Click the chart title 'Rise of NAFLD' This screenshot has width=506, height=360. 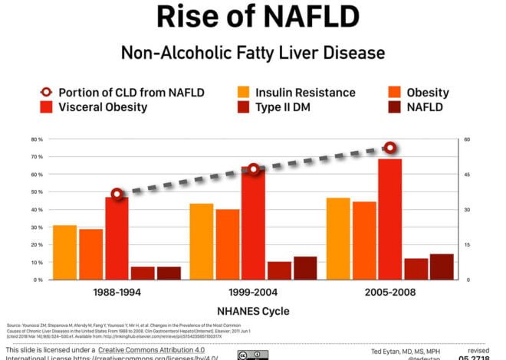click(x=252, y=17)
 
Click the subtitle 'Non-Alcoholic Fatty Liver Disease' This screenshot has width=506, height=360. click(x=252, y=53)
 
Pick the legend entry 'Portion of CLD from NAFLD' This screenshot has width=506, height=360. click(x=123, y=93)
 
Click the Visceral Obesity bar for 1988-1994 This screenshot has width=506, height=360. click(x=117, y=238)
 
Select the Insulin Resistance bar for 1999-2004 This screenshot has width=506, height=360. click(x=202, y=241)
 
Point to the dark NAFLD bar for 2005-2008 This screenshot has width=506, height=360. click(x=442, y=267)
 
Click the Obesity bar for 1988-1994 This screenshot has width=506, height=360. click(x=90, y=254)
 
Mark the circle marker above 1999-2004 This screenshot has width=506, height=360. click(x=254, y=169)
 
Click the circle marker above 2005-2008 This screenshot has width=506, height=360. click(x=390, y=147)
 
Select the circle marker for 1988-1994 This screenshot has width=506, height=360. click(x=117, y=195)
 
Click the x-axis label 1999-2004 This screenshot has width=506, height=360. click(x=253, y=293)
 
